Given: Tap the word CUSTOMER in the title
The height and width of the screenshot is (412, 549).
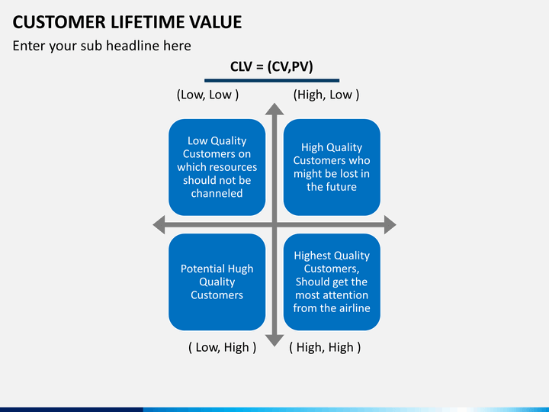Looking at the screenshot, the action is click(x=59, y=22).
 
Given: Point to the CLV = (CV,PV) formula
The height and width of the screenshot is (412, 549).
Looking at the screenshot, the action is click(x=271, y=66).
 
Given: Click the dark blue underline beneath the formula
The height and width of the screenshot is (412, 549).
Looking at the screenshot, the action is click(x=272, y=81).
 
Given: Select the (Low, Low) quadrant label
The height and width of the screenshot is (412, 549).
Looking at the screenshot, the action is click(x=207, y=95).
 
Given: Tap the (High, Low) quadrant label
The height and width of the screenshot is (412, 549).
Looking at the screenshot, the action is click(x=326, y=95).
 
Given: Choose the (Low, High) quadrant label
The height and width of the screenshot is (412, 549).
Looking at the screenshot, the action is click(x=223, y=347).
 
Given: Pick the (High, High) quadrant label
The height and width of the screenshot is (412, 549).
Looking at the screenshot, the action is click(x=325, y=347).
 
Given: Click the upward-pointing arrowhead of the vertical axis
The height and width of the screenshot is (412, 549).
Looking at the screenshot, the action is click(x=274, y=109).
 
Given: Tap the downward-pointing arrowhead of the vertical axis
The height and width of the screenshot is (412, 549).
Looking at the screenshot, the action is click(x=274, y=340).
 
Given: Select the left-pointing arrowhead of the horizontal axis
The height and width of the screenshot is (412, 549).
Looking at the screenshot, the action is click(x=159, y=224).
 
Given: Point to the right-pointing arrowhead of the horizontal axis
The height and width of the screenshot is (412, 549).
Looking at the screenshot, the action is click(x=390, y=224).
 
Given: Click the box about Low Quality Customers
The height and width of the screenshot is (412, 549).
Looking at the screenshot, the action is click(x=217, y=167).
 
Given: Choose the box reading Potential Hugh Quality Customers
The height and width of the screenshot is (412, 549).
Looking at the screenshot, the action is click(x=217, y=282).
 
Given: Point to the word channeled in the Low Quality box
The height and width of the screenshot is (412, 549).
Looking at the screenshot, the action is click(x=217, y=193).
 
